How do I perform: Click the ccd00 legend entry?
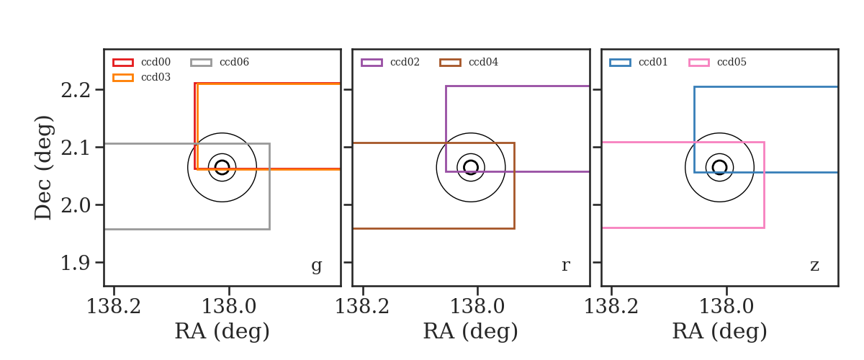142,62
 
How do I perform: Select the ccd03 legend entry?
142,77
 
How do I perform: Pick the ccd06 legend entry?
220,62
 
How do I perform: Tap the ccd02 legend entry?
390,62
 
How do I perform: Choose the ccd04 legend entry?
469,62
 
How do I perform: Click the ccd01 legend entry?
639,62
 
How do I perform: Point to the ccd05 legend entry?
717,62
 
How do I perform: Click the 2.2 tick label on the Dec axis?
76,90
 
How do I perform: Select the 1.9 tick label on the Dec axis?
76,263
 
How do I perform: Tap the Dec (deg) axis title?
42,168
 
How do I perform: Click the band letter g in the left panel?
316,266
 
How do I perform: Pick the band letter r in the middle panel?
565,265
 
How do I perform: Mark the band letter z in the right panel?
814,266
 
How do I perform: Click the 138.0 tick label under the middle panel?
477,307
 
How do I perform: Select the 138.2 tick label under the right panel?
611,307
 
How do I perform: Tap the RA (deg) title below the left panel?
222,331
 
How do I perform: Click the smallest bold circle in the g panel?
222,168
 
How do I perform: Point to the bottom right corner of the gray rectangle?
269,229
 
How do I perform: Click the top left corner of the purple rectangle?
446,86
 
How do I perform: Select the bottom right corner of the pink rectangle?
764,228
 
